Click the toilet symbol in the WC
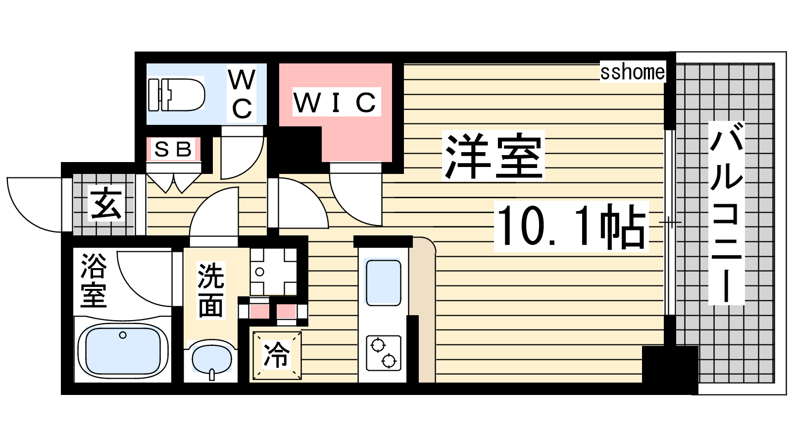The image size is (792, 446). click(176, 95)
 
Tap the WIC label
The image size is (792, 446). click(335, 102)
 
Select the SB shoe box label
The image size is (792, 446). click(173, 149)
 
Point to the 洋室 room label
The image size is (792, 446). click(493, 156)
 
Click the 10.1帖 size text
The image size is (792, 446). click(571, 226)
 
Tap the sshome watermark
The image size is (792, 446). click(633, 72)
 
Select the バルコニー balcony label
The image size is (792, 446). click(727, 213)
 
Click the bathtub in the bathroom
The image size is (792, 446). click(123, 350)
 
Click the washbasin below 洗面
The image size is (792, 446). click(211, 359)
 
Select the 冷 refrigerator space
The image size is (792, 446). click(277, 355)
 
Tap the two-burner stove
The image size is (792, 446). click(383, 353)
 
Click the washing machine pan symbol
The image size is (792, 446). click(273, 272)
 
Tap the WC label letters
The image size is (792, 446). click(242, 94)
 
